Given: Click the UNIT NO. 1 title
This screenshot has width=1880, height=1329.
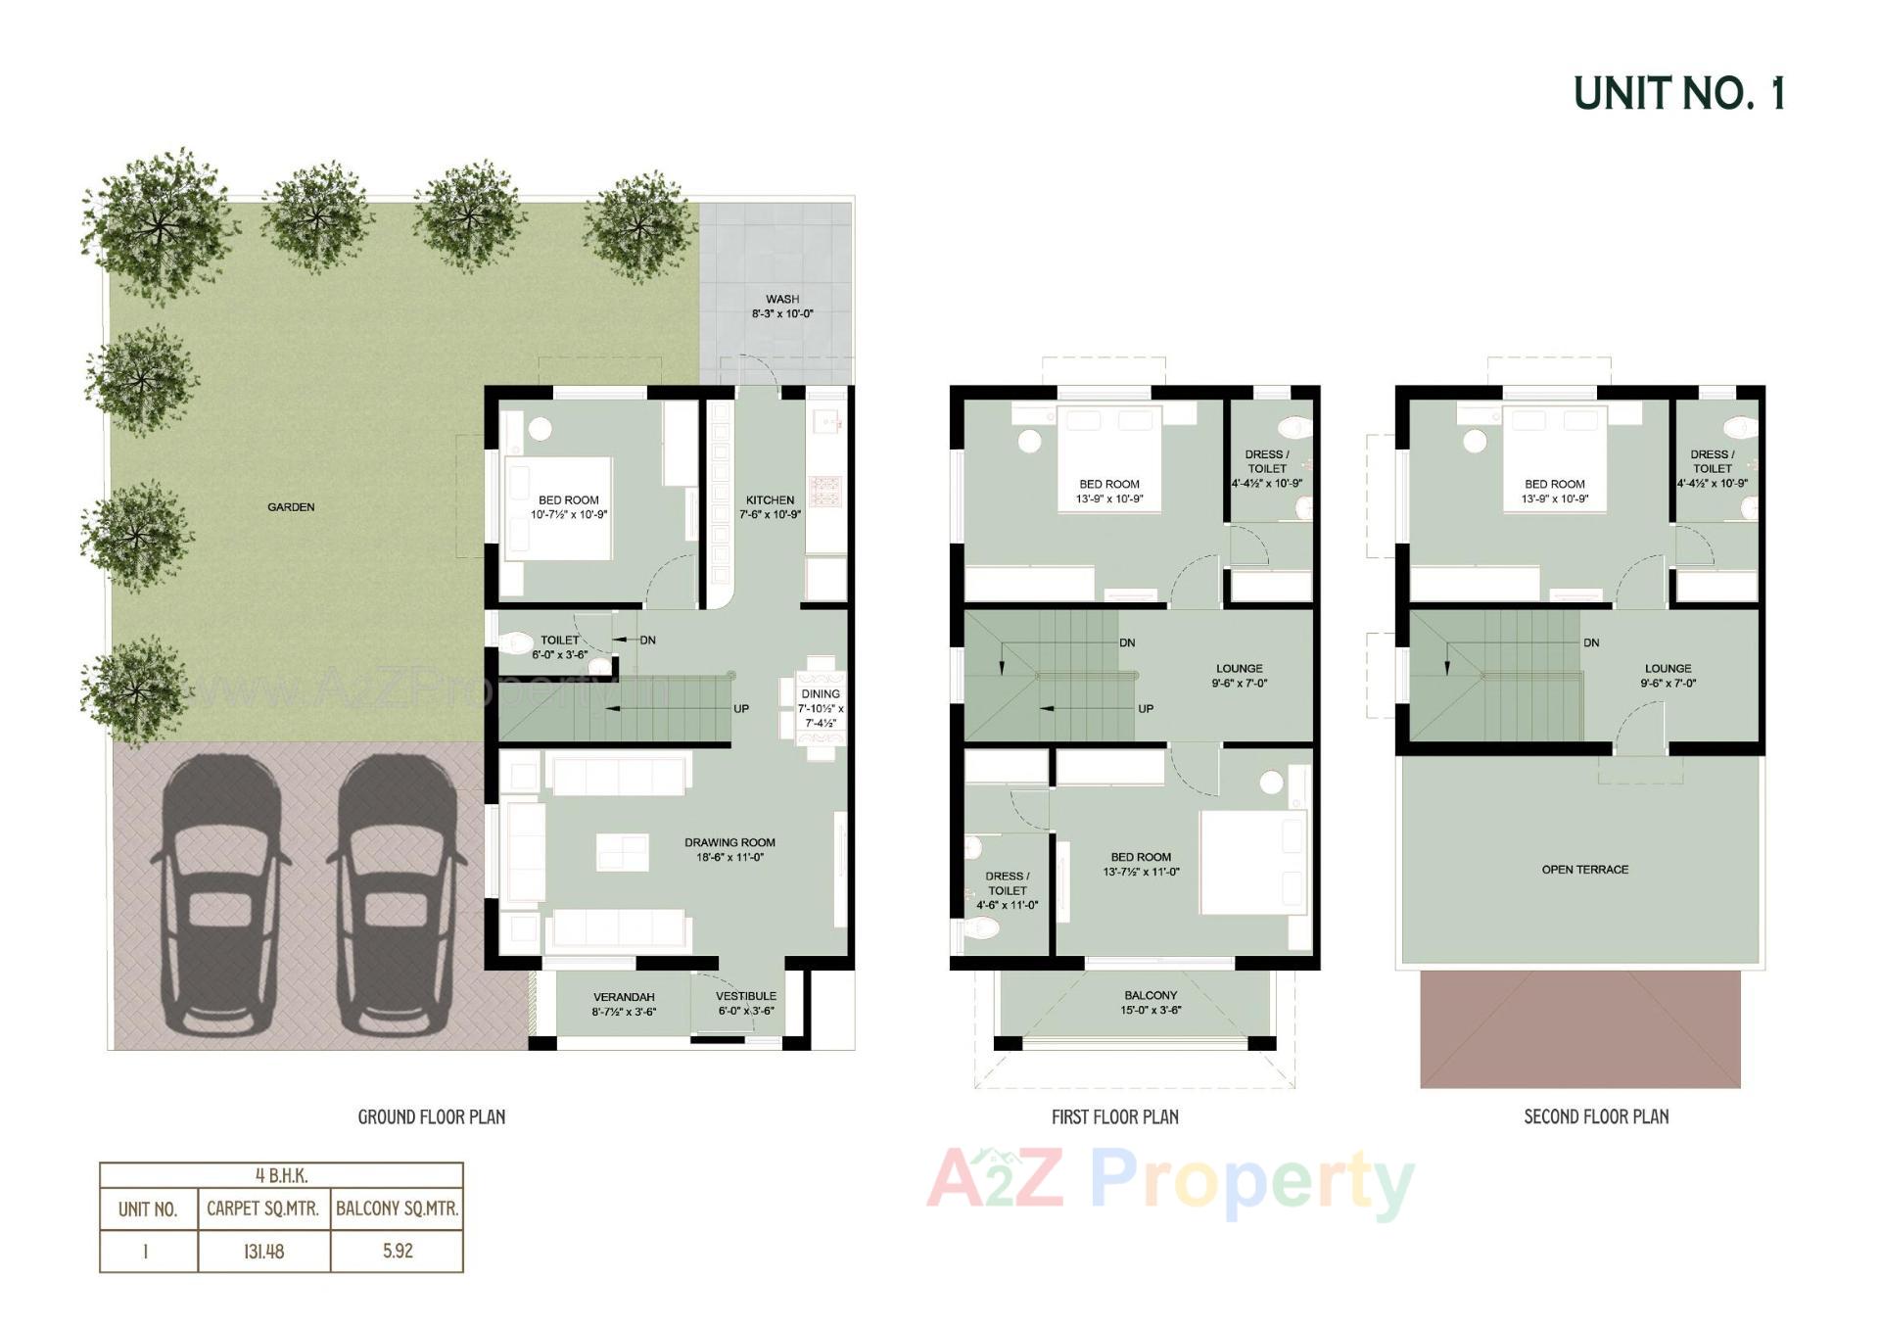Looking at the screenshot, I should point(1678,94).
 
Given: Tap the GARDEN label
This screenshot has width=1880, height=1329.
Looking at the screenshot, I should point(291,507).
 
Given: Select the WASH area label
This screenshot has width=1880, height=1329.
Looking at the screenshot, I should point(782,300).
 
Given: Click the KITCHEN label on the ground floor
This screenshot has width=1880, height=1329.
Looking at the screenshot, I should point(770,500).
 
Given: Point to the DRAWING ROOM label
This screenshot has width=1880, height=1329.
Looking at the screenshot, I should point(729,843).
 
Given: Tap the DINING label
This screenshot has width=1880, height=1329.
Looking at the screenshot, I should point(820,694).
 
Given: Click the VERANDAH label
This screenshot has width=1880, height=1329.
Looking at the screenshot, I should point(624,997).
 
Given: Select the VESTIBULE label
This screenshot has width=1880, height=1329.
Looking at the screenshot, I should point(746,997).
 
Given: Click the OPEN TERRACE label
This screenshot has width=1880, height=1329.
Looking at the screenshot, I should point(1584,870).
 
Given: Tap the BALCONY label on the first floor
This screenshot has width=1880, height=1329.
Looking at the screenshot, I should point(1150,995).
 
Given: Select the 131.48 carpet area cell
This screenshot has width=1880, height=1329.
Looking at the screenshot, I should point(263,1252).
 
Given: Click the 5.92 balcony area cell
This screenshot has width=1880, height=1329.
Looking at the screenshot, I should point(398,1252).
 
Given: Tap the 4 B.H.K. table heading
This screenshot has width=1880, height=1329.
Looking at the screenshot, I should point(281,1176).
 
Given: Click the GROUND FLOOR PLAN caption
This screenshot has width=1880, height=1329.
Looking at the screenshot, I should point(431,1116).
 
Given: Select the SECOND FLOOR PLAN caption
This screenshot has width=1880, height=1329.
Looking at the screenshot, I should point(1596,1116).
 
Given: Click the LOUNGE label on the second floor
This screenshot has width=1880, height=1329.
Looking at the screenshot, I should point(1668,669).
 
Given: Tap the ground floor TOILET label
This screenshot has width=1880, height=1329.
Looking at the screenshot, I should point(559,641).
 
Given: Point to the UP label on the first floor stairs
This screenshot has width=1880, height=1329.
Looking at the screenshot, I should point(1146,709).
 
